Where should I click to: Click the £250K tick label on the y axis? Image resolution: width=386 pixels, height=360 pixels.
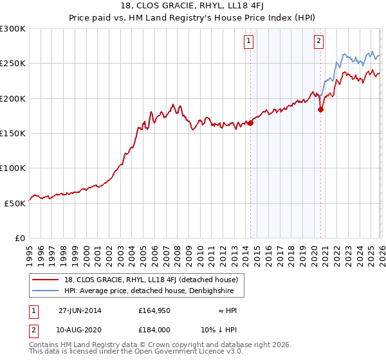[x=13, y=64]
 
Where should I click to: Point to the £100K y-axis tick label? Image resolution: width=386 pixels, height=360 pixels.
[x=13, y=168]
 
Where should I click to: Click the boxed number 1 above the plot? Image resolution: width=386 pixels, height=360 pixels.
[x=249, y=42]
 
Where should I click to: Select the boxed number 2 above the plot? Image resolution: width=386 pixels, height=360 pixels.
[x=318, y=42]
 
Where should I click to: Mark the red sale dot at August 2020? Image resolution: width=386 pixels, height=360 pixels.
[x=320, y=110]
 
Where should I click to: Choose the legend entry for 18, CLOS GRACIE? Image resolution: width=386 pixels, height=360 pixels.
[x=152, y=280]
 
